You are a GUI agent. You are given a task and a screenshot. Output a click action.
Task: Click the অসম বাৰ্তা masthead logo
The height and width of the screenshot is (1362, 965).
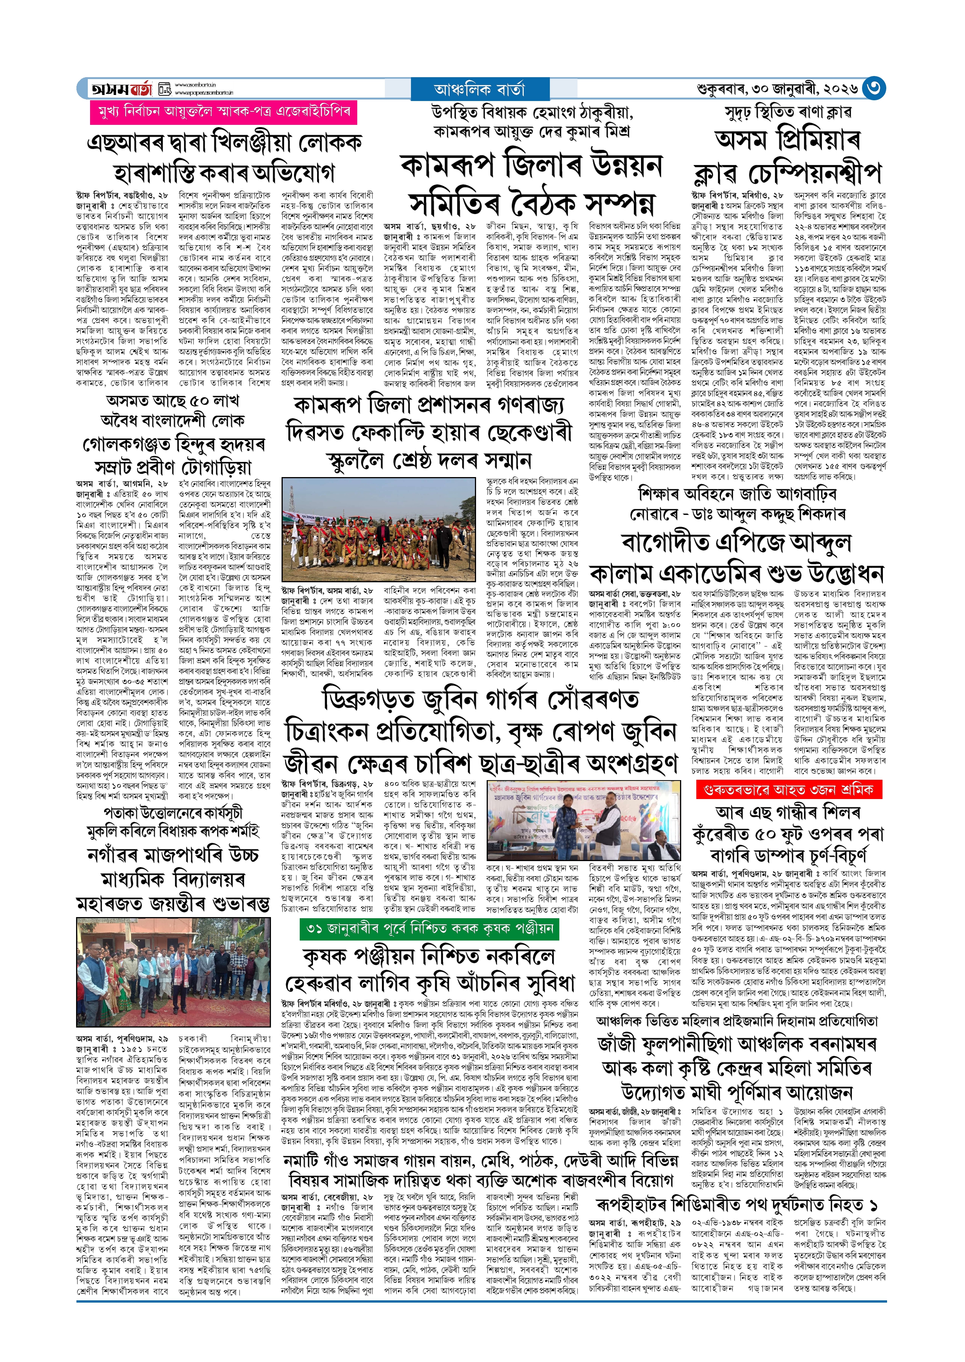122,89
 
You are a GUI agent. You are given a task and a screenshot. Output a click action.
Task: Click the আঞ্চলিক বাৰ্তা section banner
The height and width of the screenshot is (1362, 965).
479,89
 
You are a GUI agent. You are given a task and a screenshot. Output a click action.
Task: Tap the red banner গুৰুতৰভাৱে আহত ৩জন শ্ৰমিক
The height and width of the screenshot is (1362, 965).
789,790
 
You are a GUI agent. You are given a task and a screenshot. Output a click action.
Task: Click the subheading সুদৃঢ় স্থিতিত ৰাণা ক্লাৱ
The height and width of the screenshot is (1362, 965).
788,112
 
